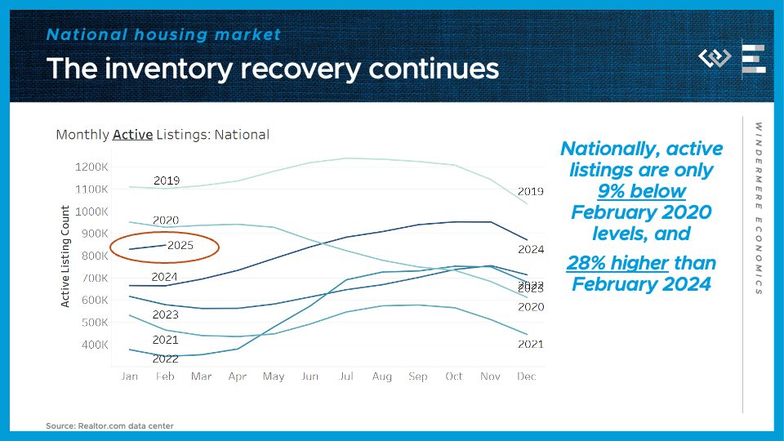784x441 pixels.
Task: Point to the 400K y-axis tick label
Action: (94, 345)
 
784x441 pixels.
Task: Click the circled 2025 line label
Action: (179, 245)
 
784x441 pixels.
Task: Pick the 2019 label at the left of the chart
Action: (167, 180)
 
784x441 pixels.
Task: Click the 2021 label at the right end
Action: (530, 345)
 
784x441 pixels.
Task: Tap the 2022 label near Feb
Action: (167, 359)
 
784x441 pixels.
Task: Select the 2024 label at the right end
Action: (530, 249)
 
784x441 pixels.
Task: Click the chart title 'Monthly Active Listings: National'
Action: (163, 135)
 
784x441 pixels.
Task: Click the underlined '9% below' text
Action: (641, 191)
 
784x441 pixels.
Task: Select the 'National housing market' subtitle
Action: (163, 34)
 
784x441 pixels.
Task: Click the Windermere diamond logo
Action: (715, 59)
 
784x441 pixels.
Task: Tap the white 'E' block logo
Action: (753, 60)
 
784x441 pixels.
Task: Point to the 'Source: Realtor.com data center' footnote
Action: (109, 425)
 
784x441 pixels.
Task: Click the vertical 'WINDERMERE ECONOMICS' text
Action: (758, 208)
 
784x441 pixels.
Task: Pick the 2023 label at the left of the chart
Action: (165, 314)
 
